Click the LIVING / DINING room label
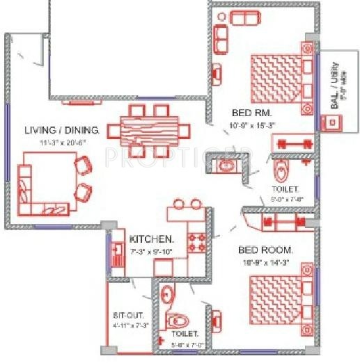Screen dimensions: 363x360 point(62,130)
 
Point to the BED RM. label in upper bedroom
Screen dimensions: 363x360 point(251,112)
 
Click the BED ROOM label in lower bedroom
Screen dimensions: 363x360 point(266,249)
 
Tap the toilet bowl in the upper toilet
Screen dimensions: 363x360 point(281,170)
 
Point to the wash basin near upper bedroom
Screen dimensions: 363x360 point(226,166)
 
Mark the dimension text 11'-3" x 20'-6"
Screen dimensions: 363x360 point(62,142)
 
